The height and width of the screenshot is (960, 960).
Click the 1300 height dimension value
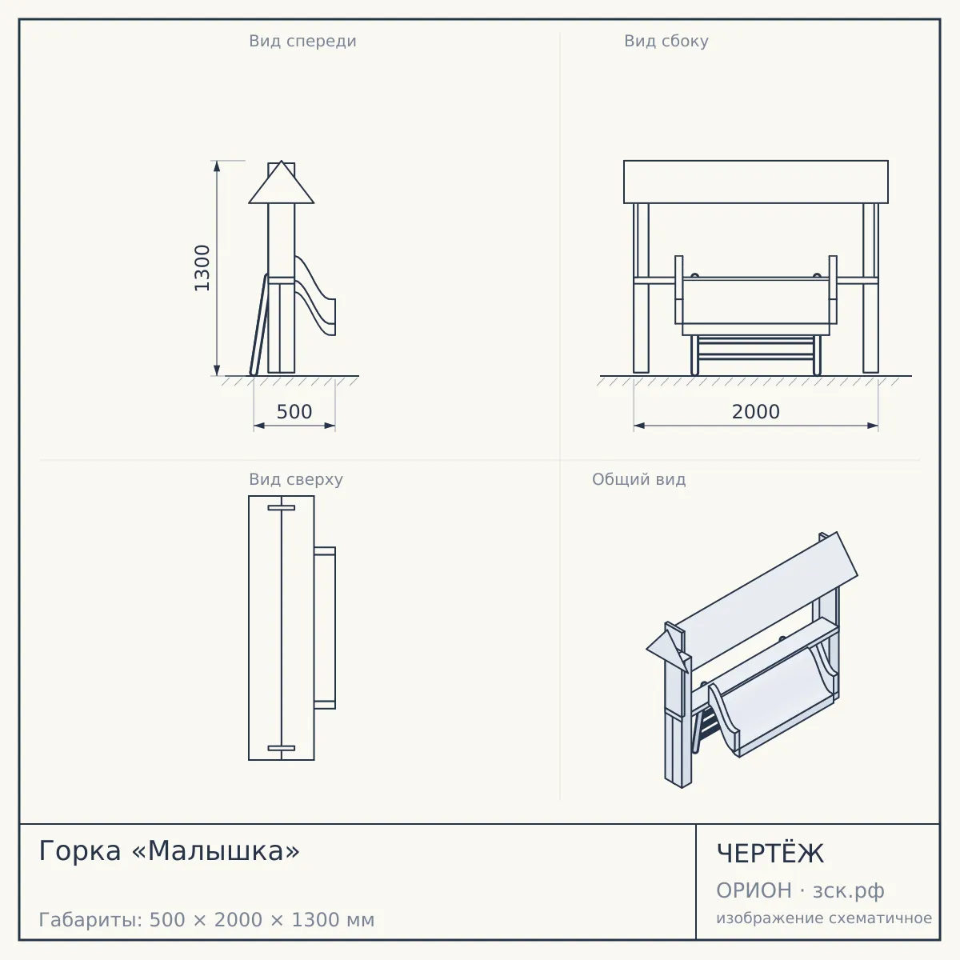click(202, 268)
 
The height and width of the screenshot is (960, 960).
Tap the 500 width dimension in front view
click(294, 412)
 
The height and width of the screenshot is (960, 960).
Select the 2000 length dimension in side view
click(756, 412)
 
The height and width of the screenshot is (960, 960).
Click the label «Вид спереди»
click(303, 41)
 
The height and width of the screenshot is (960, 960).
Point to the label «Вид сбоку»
click(666, 41)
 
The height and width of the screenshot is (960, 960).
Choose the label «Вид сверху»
click(296, 479)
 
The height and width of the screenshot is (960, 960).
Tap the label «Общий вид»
click(638, 479)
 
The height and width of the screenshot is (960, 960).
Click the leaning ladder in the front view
click(259, 325)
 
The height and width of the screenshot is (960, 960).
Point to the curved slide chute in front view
click(316, 295)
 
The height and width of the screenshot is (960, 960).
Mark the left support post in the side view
click(641, 288)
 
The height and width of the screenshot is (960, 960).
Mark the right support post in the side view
click(871, 288)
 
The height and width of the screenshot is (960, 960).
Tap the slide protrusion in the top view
click(325, 628)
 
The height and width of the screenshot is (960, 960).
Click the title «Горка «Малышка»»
click(170, 851)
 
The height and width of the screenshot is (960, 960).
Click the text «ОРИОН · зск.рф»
click(800, 890)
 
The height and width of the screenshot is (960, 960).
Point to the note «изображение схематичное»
click(824, 918)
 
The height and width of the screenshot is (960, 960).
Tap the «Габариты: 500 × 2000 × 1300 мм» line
click(206, 920)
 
